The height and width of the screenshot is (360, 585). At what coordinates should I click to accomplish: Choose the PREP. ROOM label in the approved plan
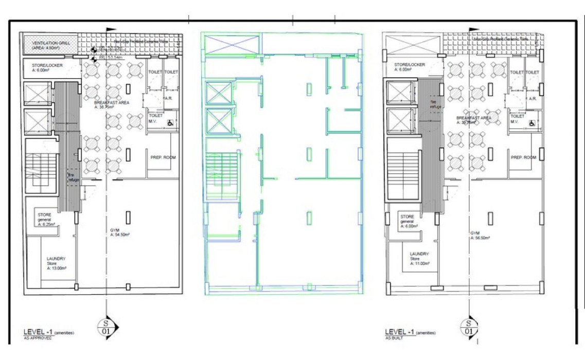point(163,157)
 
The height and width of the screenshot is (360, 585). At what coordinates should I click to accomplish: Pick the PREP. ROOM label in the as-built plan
point(524,157)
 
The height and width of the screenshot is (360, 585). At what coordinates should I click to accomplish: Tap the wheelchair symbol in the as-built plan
point(531,123)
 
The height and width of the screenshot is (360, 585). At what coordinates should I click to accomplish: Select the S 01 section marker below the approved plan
point(107,326)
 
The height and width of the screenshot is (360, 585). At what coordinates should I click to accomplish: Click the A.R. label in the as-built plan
point(532,98)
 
